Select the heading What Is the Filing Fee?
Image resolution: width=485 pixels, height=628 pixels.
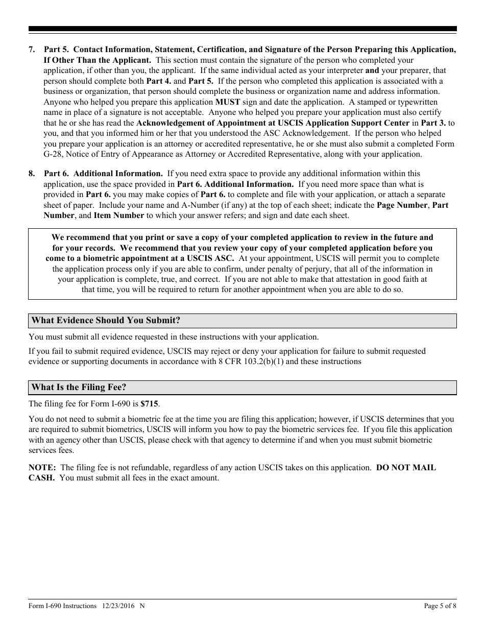79,387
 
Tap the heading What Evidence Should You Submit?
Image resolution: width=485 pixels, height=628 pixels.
106,320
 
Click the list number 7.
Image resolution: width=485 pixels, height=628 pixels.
32,50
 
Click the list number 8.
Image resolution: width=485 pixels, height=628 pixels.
32,174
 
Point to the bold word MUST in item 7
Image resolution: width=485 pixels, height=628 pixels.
228,102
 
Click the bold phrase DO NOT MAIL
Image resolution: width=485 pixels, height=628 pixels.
406,468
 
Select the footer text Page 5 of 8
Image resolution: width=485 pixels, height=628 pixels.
440,606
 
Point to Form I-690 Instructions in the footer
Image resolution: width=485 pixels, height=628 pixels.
62,606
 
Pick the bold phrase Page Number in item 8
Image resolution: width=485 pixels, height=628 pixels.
402,205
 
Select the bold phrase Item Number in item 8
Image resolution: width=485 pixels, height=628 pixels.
118,215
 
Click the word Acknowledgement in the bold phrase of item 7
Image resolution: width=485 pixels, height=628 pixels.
171,123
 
